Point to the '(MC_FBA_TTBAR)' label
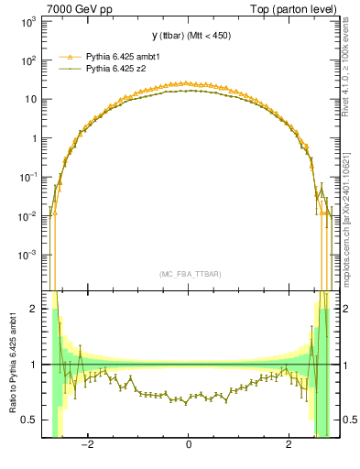tap(188, 273)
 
